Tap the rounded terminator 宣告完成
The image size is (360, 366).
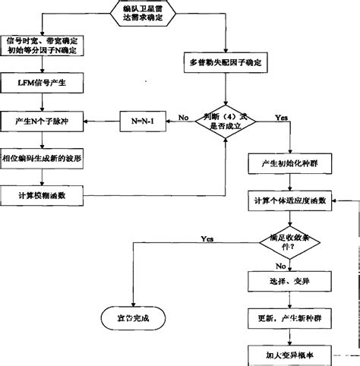[x=130, y=317]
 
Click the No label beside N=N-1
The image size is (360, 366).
[x=183, y=116]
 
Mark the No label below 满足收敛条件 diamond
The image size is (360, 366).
[x=281, y=266]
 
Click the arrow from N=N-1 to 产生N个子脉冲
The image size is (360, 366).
[x=103, y=120]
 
